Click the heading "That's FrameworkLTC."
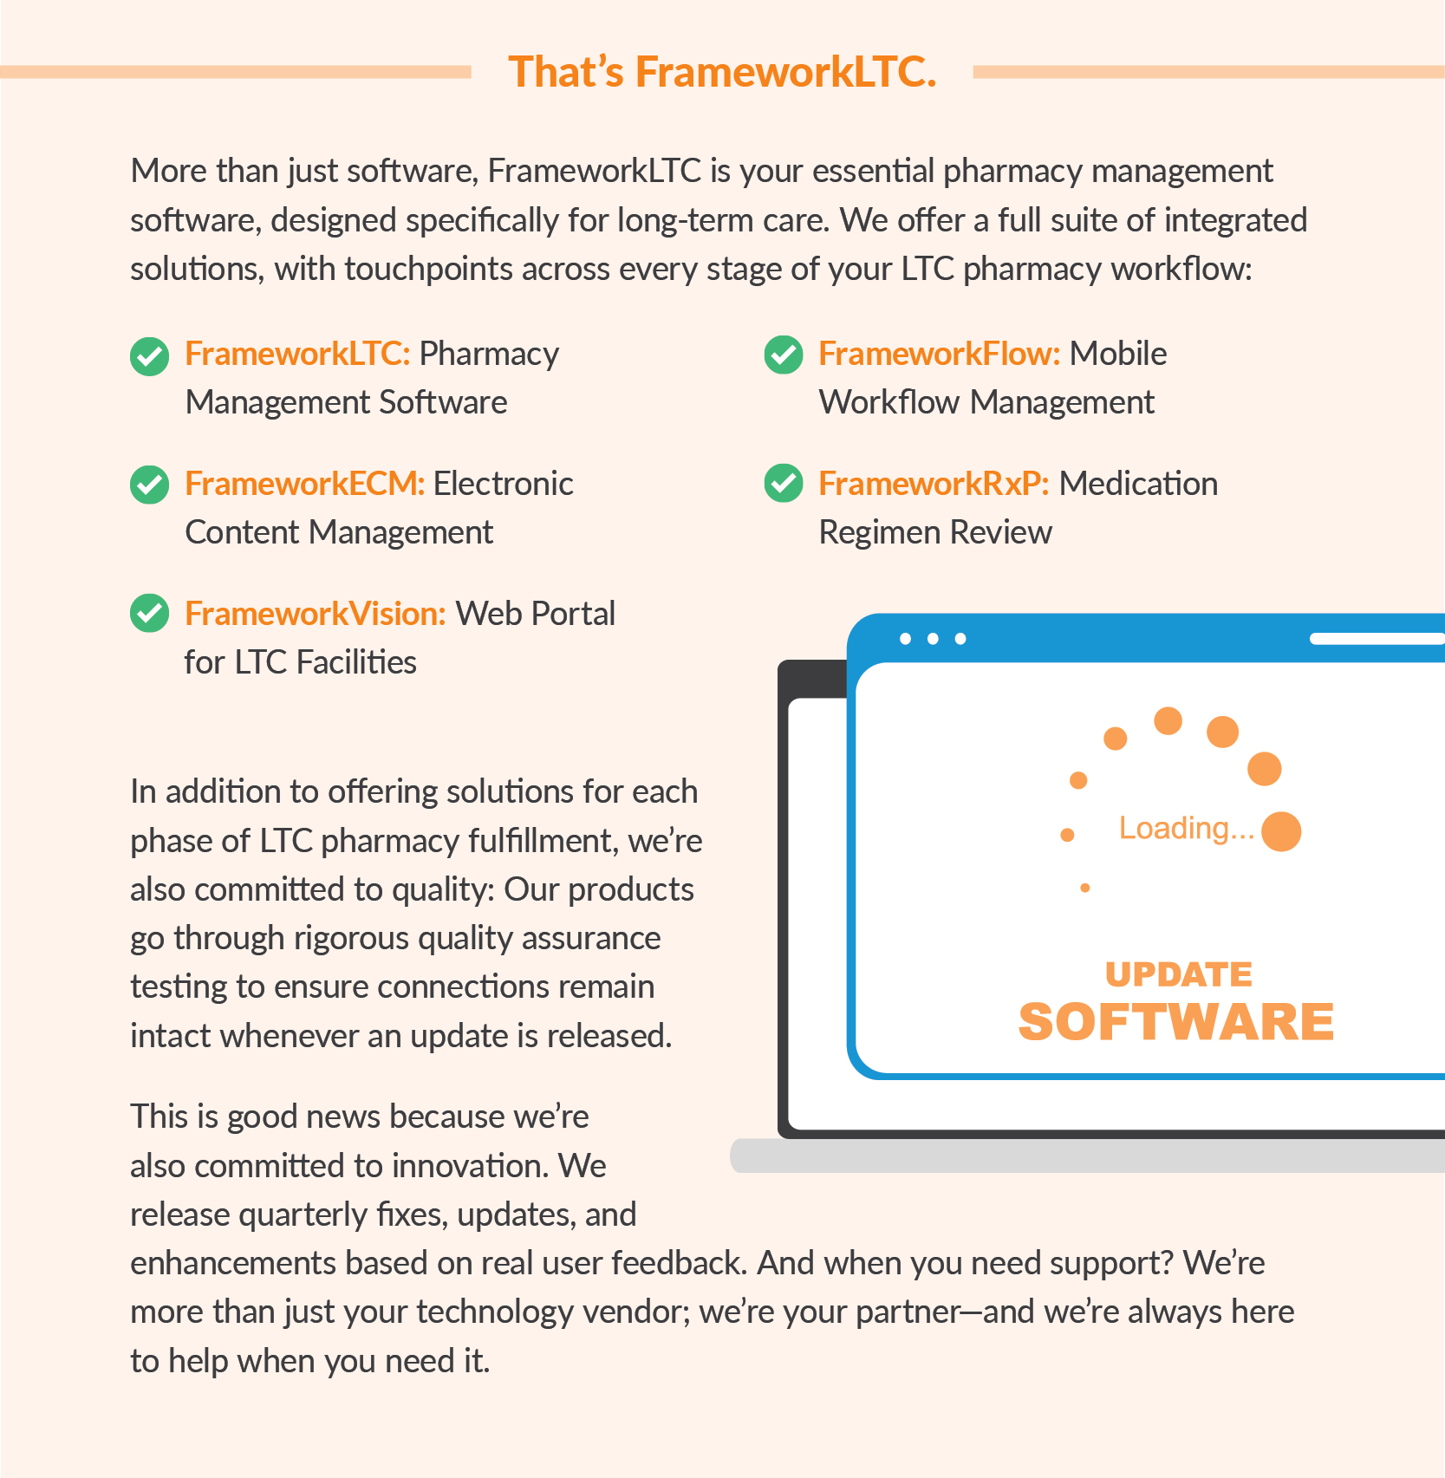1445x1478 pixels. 722,72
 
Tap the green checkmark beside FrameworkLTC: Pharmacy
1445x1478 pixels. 149,356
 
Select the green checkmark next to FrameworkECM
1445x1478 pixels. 149,485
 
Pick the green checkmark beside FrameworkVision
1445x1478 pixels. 149,613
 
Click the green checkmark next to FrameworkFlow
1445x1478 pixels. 784,355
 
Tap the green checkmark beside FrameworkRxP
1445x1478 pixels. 784,483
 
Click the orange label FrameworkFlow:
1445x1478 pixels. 939,354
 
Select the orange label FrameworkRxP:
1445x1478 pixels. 934,484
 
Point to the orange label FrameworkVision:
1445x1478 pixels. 316,614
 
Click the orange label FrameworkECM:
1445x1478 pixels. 304,484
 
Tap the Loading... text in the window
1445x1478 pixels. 1186,829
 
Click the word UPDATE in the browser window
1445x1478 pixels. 1178,974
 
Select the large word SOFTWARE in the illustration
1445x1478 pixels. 1175,1022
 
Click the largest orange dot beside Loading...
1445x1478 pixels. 1281,831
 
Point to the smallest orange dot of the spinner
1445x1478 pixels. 1085,888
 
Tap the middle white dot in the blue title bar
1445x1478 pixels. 933,639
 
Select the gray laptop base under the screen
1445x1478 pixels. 1084,1156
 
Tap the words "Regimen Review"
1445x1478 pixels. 935,532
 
